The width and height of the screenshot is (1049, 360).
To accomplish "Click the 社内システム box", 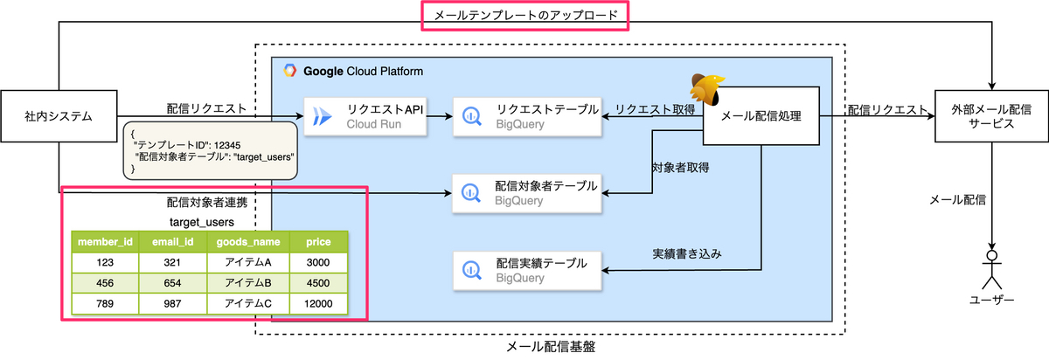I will (59, 115).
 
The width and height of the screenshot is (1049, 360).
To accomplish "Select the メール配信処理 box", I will (761, 115).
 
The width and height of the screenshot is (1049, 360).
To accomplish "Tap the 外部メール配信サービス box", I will (991, 115).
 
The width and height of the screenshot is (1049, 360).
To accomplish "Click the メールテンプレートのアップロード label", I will (524, 16).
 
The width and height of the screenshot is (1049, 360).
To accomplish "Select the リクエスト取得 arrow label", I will (655, 108).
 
